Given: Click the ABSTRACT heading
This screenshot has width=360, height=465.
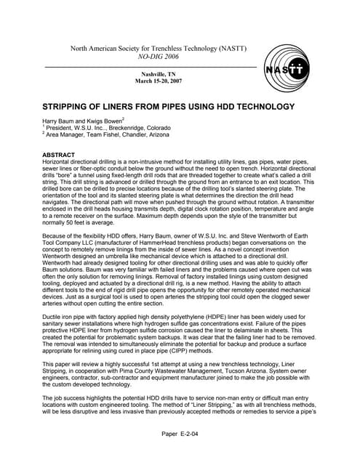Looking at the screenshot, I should pos(60,155).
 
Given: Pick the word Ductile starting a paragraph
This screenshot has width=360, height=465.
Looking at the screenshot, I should pos(53,296).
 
